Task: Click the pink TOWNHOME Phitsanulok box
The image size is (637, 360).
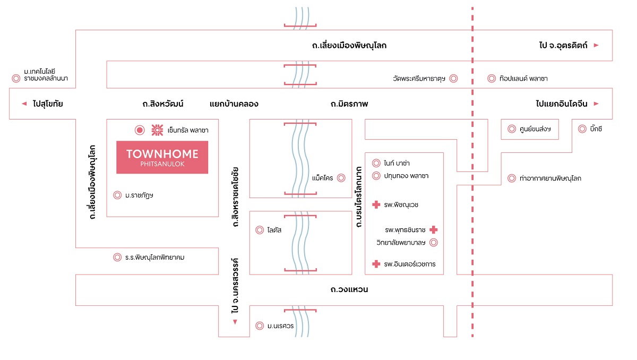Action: click(162, 157)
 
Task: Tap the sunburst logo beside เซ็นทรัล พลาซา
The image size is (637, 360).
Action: click(157, 130)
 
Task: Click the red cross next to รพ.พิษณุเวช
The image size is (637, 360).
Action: click(376, 204)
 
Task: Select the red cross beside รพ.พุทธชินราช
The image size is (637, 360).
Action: click(433, 229)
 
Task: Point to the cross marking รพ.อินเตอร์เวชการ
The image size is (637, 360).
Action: click(376, 264)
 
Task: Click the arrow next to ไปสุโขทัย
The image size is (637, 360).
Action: click(24, 104)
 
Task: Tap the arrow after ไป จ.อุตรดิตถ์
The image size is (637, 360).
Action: click(596, 45)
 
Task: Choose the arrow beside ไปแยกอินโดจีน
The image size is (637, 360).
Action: click(596, 104)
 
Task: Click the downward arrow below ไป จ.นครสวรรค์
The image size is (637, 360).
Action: click(235, 322)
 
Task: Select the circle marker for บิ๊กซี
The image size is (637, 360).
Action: click(582, 129)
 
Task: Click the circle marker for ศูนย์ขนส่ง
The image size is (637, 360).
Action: click(512, 129)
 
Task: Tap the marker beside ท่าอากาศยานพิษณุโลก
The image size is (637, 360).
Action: click(512, 178)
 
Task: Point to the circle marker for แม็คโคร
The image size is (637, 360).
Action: click(341, 178)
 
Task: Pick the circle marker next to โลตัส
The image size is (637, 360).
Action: click(260, 230)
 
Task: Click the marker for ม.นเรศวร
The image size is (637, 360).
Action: click(260, 325)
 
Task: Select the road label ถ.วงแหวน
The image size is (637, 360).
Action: click(349, 289)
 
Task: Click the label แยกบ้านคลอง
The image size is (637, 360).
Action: click(234, 104)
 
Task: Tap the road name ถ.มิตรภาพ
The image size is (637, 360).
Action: click(349, 104)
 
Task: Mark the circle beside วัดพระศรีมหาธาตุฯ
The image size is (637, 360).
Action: click(453, 78)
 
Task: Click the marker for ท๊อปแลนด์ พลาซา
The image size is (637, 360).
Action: click(492, 78)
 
